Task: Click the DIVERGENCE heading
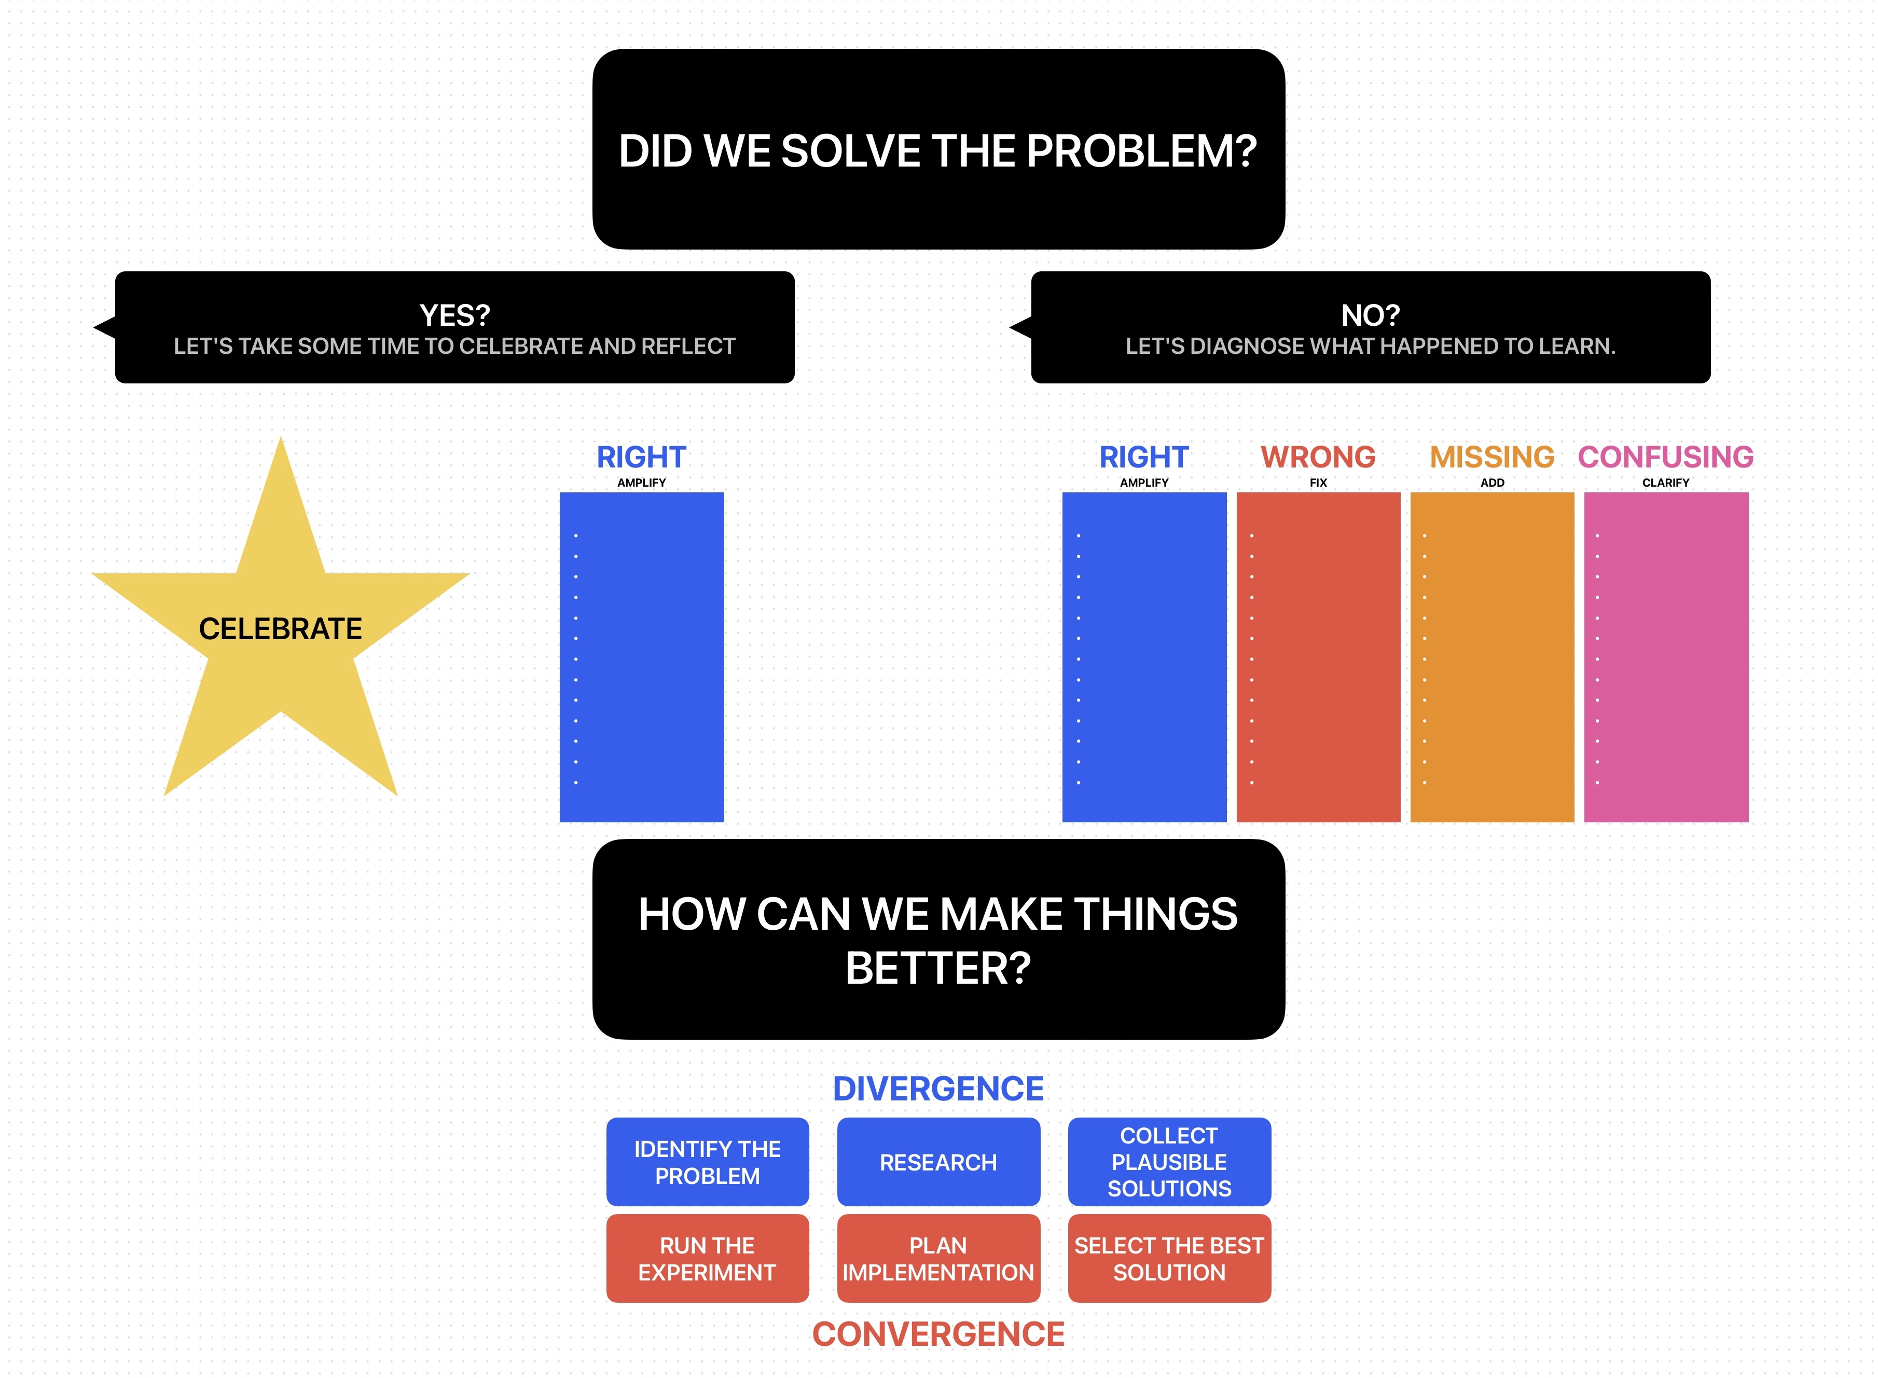(x=938, y=1088)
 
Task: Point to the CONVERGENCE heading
(x=938, y=1334)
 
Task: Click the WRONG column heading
(x=1318, y=457)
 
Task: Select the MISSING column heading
(x=1492, y=457)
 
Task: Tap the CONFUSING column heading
(x=1665, y=457)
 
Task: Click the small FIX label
(x=1318, y=482)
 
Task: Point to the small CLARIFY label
(x=1665, y=482)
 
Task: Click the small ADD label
(x=1492, y=482)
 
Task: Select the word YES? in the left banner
(x=454, y=315)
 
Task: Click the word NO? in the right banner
(x=1370, y=315)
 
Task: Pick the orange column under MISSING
(x=1492, y=657)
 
